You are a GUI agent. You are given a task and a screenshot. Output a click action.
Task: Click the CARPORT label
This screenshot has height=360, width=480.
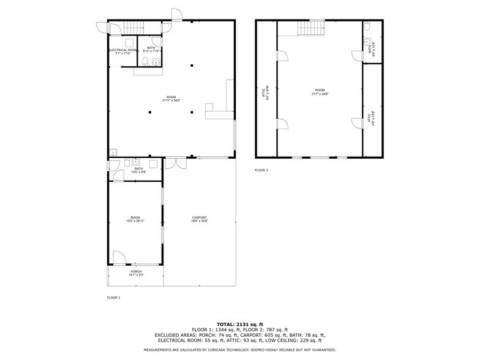click(200, 217)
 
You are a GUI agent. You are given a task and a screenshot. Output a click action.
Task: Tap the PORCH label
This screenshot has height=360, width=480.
click(136, 271)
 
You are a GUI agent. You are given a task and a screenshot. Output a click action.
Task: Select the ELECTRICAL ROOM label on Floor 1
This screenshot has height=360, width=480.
click(122, 50)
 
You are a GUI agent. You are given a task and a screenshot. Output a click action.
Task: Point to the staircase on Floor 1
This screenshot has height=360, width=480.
click(133, 26)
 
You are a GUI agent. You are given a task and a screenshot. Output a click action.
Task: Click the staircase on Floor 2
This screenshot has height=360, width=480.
click(311, 28)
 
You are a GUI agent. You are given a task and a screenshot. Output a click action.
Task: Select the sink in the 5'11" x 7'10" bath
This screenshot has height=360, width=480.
click(156, 62)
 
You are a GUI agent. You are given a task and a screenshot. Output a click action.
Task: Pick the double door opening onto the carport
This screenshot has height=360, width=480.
click(174, 164)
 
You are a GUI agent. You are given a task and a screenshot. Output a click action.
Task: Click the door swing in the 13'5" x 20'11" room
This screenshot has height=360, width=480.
click(119, 258)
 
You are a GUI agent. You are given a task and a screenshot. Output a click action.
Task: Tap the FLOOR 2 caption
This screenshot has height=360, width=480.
click(261, 170)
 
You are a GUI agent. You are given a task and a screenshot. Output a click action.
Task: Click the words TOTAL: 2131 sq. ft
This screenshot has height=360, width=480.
click(240, 324)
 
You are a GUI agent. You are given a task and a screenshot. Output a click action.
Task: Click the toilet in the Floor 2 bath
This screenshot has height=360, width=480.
click(366, 27)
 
